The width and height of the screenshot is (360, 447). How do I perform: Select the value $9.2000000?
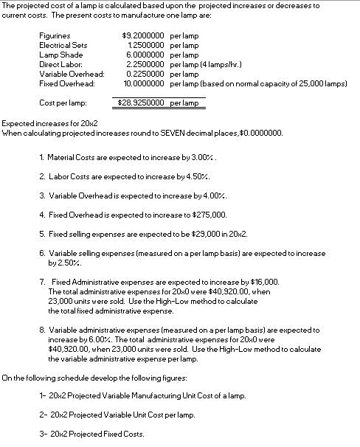[x=143, y=35]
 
